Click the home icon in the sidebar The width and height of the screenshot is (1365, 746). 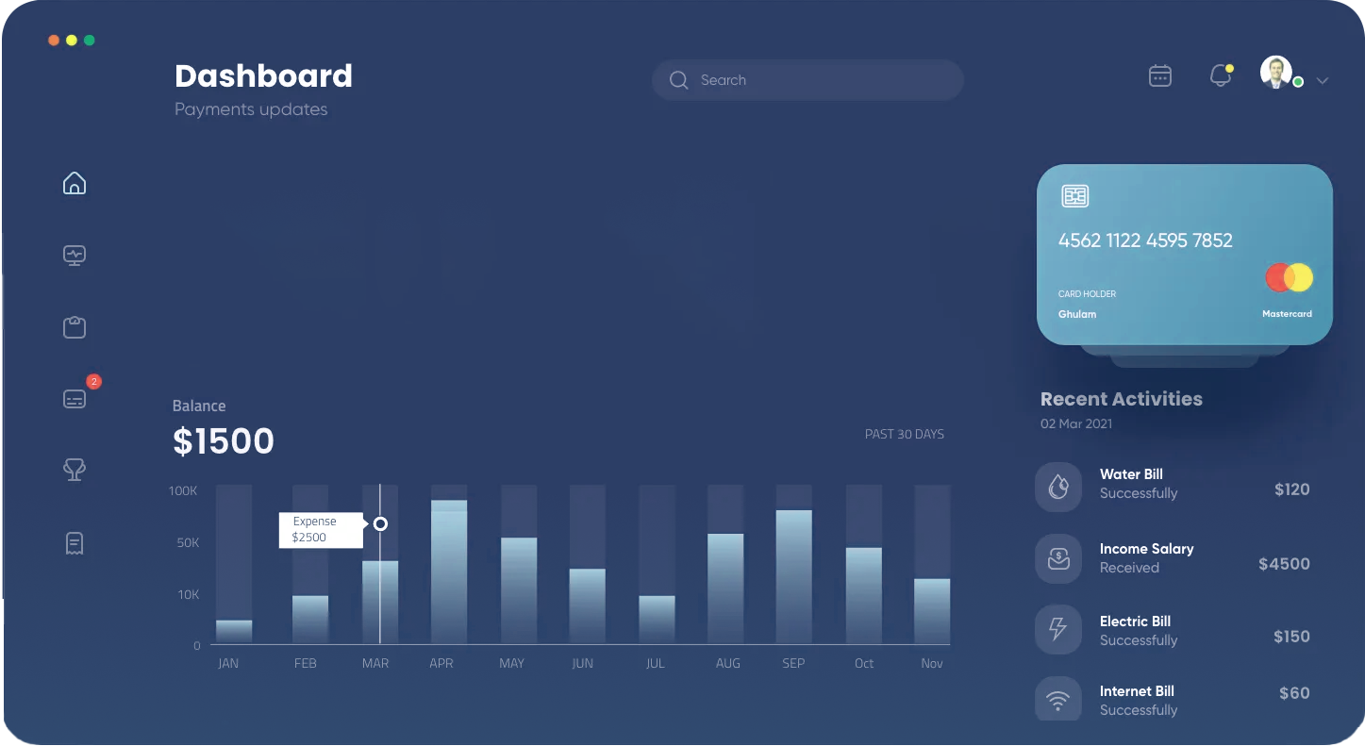coord(75,183)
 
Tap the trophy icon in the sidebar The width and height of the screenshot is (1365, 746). coord(75,470)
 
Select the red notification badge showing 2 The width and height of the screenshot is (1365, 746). coord(93,382)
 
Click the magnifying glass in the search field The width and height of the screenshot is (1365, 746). coord(678,80)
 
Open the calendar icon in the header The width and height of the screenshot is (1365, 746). coord(1159,76)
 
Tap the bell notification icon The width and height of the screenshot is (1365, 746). coord(1222,76)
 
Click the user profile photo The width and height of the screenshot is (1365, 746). coord(1276,72)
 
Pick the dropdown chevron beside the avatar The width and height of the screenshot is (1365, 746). coord(1322,80)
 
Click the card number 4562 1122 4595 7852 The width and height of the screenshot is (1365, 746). coord(1145,240)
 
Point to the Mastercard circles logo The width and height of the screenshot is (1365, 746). coord(1289,278)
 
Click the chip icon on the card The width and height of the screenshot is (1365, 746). coord(1075,196)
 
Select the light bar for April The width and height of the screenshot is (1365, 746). coord(449,572)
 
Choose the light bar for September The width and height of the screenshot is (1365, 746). coord(794,576)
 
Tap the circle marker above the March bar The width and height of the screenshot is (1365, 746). coord(380,523)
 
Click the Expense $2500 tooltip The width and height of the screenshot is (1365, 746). coord(322,530)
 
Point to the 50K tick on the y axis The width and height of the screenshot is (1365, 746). coord(188,542)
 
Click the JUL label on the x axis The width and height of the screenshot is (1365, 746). coord(655,663)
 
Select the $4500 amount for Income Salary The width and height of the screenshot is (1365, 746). coord(1284,564)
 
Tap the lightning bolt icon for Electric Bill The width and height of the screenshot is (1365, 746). coord(1057,628)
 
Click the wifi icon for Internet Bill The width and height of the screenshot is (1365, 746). coord(1057,701)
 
